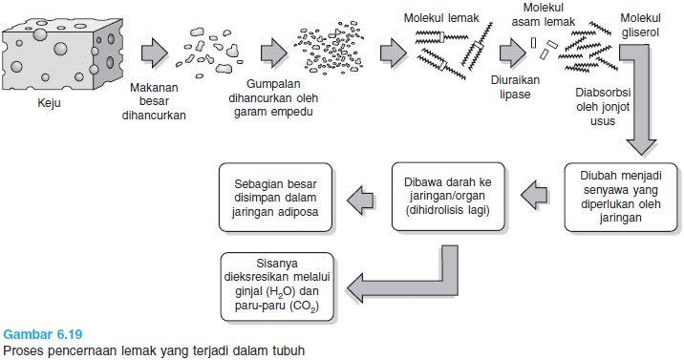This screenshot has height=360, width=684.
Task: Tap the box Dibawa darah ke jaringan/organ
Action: (447, 197)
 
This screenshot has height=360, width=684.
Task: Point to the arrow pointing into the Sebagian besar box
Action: (360, 198)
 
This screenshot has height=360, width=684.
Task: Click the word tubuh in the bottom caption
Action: (289, 350)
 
